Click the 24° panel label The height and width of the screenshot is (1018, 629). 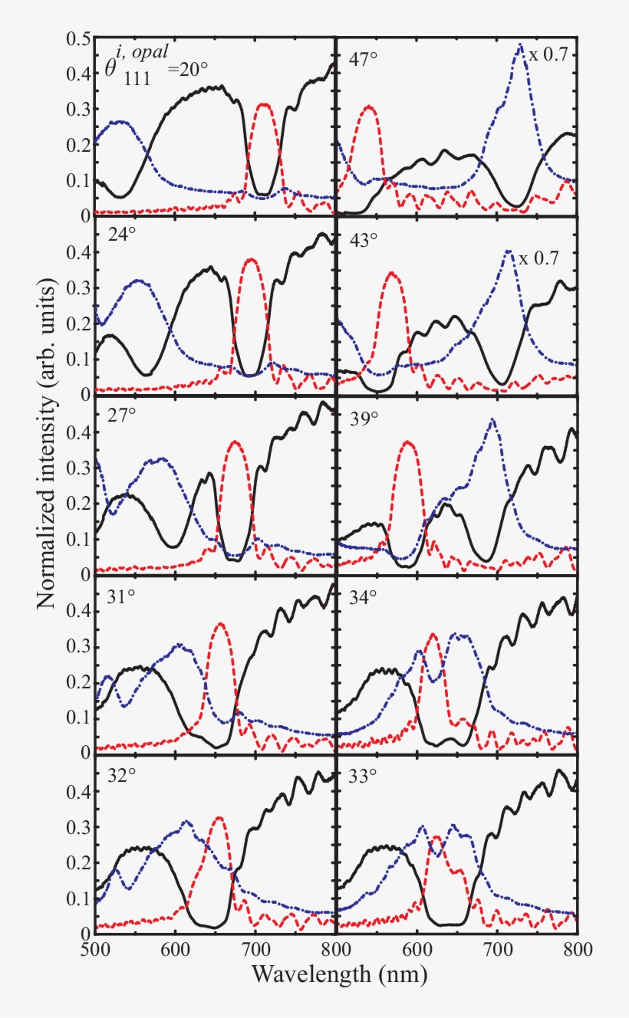123,238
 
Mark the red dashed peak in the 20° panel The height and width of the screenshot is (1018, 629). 264,105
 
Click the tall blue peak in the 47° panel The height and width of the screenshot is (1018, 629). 521,46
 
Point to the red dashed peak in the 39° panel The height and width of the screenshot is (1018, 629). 408,442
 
